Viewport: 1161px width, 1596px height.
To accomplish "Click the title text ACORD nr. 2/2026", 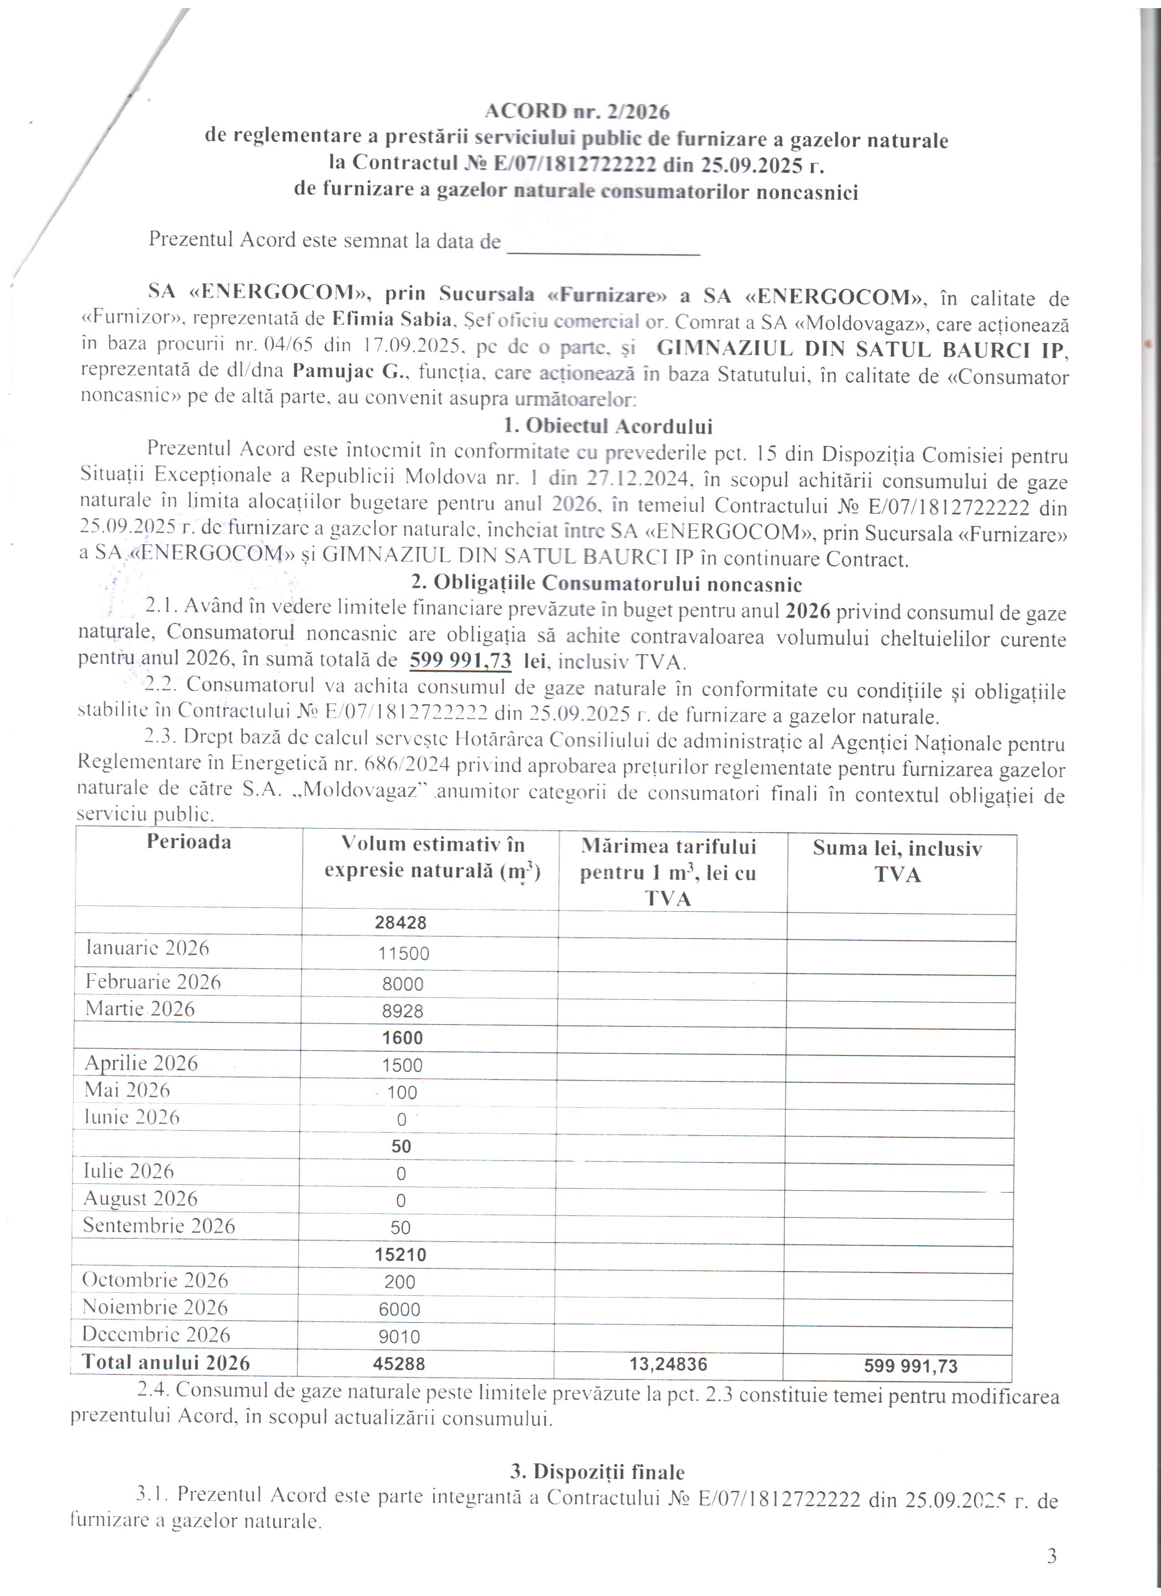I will click(576, 111).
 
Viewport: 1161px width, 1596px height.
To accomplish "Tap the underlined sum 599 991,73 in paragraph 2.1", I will click(460, 660).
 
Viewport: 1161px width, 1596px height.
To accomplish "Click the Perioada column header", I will click(188, 842).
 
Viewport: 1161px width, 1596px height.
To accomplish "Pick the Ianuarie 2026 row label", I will click(147, 948).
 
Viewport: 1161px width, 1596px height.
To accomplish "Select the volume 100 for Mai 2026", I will click(402, 1093).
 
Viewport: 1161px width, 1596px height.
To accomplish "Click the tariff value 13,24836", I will click(667, 1364).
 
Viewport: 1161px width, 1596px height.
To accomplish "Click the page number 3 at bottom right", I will click(1052, 1556).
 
